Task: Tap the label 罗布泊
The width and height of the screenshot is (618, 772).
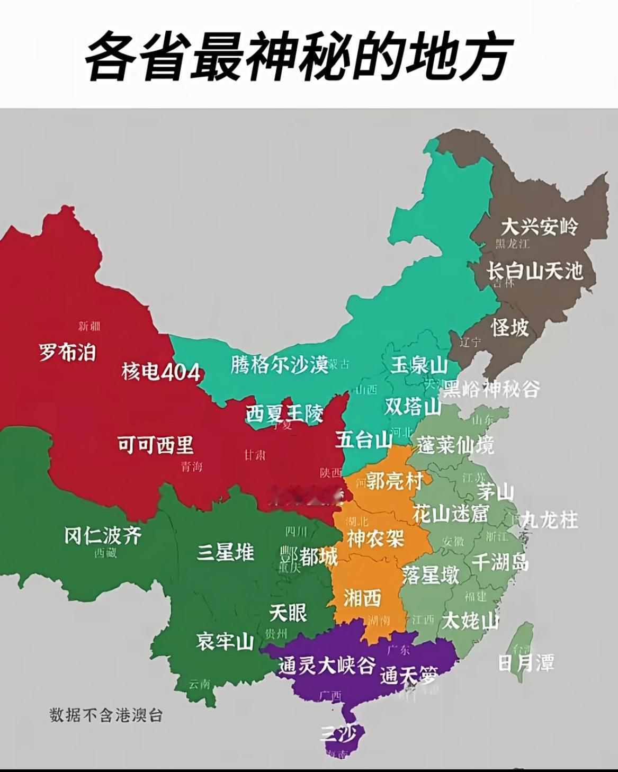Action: pyautogui.click(x=67, y=351)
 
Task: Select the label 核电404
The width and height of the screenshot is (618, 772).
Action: pyautogui.click(x=160, y=372)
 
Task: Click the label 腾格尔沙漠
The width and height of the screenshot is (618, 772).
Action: pyautogui.click(x=280, y=364)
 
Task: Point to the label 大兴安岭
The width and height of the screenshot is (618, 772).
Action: pyautogui.click(x=539, y=227)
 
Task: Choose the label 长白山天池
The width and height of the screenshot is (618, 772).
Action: pyautogui.click(x=535, y=271)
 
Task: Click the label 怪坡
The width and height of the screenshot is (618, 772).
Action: pyautogui.click(x=509, y=327)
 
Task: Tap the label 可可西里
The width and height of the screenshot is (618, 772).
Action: pyautogui.click(x=156, y=444)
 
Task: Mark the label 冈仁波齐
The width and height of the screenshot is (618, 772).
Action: pyautogui.click(x=103, y=535)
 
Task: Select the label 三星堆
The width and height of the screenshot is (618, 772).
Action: pyautogui.click(x=226, y=552)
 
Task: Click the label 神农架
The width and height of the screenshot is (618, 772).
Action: pyautogui.click(x=375, y=538)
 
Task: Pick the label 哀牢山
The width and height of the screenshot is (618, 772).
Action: pyautogui.click(x=225, y=642)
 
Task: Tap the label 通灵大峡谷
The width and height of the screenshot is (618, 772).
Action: pyautogui.click(x=327, y=665)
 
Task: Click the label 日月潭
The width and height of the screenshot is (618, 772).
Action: pyautogui.click(x=526, y=662)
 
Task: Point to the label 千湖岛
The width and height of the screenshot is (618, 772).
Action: pyautogui.click(x=500, y=562)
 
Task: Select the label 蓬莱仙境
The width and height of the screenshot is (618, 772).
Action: pyautogui.click(x=455, y=445)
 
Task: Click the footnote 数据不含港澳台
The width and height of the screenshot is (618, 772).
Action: pyautogui.click(x=106, y=715)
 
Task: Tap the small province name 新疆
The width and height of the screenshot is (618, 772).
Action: pyautogui.click(x=89, y=326)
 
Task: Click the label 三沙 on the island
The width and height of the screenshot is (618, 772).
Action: pyautogui.click(x=342, y=734)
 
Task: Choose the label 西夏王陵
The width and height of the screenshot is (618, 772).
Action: pyautogui.click(x=284, y=413)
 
